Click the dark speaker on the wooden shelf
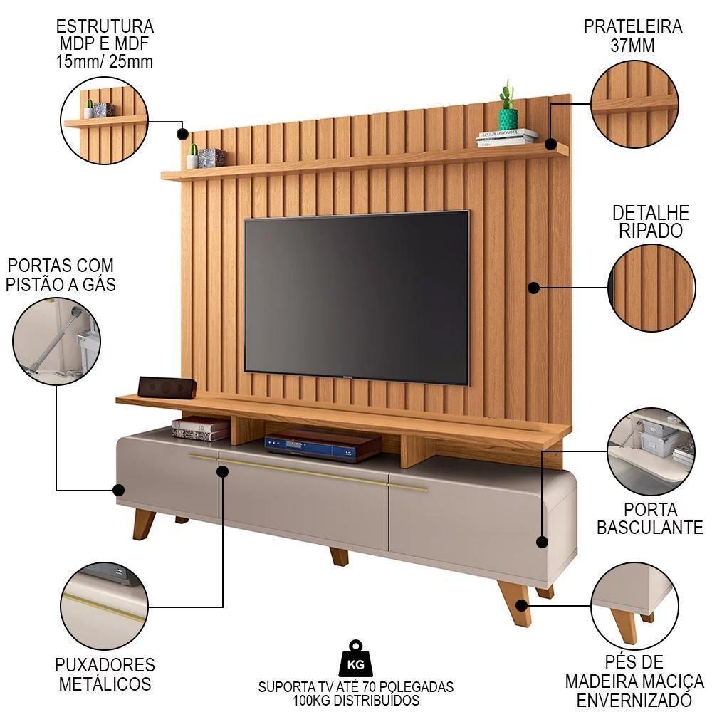(x=167, y=387)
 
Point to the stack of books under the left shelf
(x=201, y=429)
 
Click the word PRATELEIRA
(x=632, y=26)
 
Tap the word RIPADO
(x=650, y=231)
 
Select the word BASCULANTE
(x=650, y=528)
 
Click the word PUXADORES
(x=105, y=665)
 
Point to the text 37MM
(x=632, y=46)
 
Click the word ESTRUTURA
(x=105, y=26)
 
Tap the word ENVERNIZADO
(x=634, y=700)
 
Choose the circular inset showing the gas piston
(x=56, y=342)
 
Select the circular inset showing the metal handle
(x=104, y=606)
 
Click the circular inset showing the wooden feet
(x=634, y=605)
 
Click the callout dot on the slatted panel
(x=533, y=288)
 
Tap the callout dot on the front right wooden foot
(x=522, y=605)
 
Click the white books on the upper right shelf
(x=507, y=137)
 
